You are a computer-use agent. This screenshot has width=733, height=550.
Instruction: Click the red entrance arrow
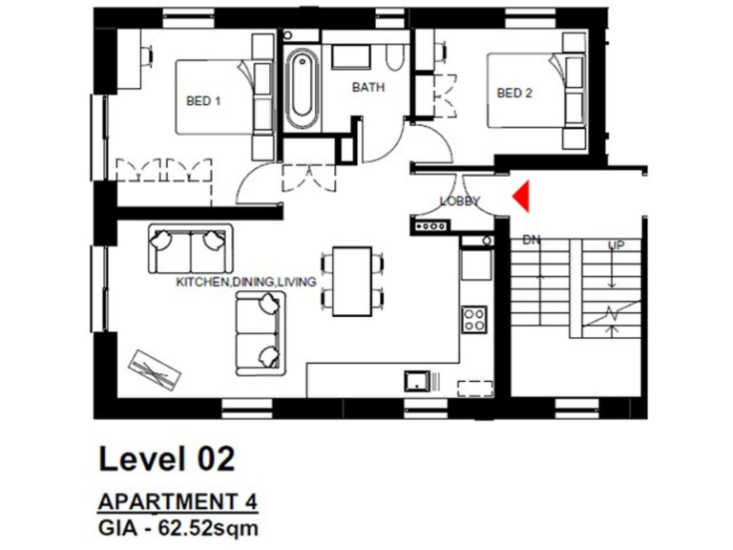coord(519,197)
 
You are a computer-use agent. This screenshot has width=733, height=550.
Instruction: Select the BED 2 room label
coord(514,93)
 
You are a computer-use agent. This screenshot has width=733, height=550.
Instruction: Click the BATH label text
coord(368,87)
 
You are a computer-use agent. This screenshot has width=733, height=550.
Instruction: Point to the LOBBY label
coord(460,201)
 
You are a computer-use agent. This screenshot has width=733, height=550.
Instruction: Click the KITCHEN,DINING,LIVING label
coord(245,283)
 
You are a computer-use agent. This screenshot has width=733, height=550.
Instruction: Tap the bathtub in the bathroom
coord(301,90)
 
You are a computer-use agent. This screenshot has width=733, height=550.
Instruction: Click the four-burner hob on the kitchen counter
coord(474,318)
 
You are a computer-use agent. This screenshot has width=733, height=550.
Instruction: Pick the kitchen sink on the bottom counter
coord(416,380)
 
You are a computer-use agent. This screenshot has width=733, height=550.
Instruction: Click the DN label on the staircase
coord(532,242)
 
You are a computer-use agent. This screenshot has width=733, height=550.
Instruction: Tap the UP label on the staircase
coord(618,245)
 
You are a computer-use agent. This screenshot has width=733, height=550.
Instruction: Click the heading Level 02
coord(166,458)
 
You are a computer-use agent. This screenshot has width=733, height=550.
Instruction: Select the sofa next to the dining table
coord(260,330)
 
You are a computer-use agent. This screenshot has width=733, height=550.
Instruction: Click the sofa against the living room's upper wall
coord(190,249)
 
